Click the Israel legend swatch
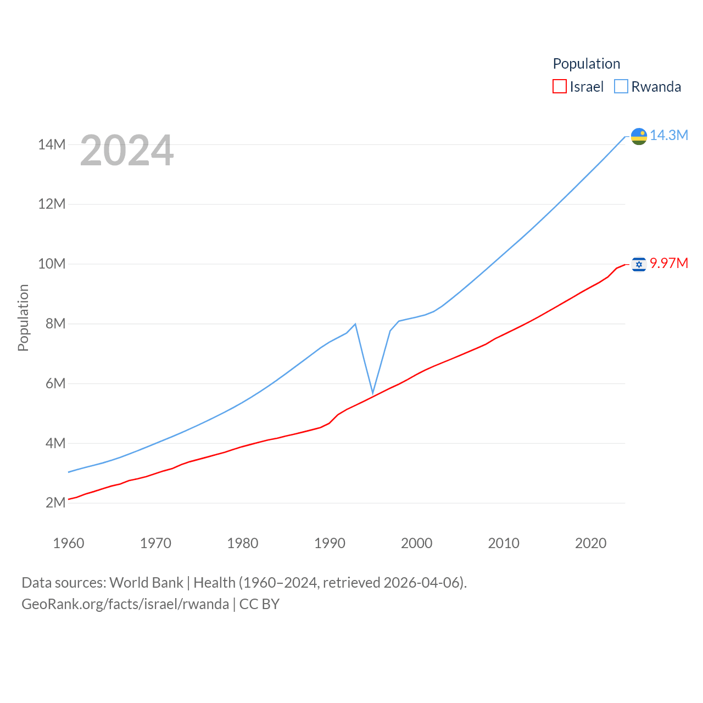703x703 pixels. [559, 87]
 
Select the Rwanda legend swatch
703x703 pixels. [621, 87]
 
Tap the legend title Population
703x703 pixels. [586, 64]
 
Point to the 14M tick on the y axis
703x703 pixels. [52, 144]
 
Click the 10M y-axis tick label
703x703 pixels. [52, 264]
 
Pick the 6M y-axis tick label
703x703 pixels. [55, 383]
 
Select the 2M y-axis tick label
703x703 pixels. [55, 503]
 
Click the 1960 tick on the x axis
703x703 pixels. [69, 543]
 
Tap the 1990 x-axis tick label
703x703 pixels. [330, 543]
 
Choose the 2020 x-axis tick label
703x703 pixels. [590, 543]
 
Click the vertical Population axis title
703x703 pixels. [23, 317]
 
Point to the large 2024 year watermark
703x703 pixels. [127, 150]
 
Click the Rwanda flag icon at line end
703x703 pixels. [639, 136]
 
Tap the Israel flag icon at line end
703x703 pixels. [639, 265]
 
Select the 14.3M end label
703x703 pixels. [668, 135]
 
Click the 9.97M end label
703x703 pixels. [668, 263]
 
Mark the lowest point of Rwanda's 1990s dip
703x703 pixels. [373, 393]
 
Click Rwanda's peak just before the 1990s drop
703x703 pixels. [355, 324]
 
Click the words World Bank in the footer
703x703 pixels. [146, 582]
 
